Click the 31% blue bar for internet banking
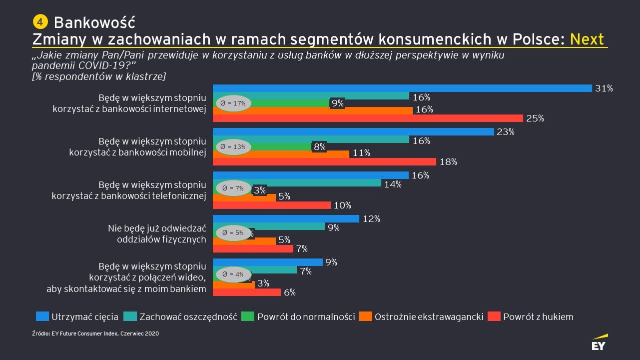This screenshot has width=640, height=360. click(x=402, y=88)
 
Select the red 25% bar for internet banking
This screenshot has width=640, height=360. click(x=368, y=118)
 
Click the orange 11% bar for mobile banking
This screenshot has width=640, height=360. click(x=281, y=154)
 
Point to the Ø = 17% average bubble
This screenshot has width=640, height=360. click(x=233, y=103)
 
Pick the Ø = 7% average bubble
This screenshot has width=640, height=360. click(x=233, y=188)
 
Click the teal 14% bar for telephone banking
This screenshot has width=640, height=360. click(x=297, y=183)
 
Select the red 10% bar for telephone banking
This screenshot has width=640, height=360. click(x=272, y=205)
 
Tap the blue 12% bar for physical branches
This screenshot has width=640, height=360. click(x=286, y=218)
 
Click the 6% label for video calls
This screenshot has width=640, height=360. click(x=290, y=292)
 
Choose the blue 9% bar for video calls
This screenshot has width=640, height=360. click(x=268, y=262)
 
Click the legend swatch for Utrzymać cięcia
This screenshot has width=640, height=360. click(x=42, y=316)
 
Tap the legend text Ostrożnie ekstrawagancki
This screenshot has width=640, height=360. click(x=429, y=316)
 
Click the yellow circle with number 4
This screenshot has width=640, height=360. click(x=40, y=21)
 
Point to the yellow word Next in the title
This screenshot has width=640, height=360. click(x=587, y=39)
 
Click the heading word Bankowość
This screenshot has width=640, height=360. click(x=94, y=22)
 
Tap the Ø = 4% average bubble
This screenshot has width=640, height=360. click(x=233, y=274)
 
